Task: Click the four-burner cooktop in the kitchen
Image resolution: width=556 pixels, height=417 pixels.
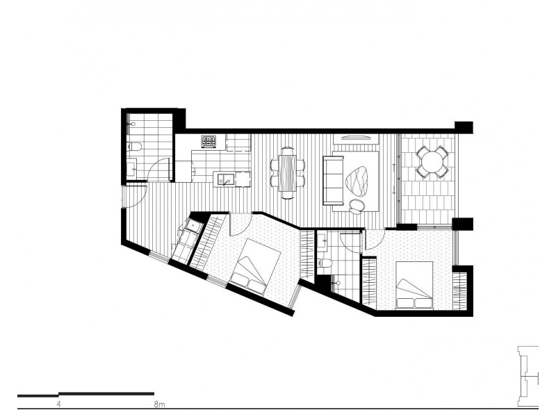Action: pos(210,142)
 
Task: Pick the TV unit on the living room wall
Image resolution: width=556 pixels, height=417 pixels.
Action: pos(354,136)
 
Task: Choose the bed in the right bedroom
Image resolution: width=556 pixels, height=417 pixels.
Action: pos(414,284)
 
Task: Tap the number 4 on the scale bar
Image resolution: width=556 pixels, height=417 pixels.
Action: pos(59,402)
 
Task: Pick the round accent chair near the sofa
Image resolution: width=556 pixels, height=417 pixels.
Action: pos(357,203)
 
